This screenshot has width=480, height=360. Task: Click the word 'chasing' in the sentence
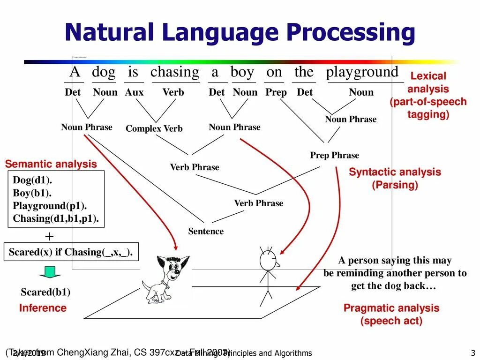tap(174, 72)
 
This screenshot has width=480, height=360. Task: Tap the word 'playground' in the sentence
tap(362, 72)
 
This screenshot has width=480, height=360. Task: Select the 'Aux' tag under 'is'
tap(134, 92)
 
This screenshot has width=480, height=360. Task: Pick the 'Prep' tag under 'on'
tap(276, 92)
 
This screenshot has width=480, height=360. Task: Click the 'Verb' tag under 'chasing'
tap(173, 92)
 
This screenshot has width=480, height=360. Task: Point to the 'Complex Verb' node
tap(154, 128)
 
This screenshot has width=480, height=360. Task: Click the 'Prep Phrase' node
tap(334, 155)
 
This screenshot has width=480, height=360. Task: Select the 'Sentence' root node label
tap(206, 231)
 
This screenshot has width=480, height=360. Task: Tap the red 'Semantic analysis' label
tap(51, 164)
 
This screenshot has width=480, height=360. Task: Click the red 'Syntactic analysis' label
tap(395, 172)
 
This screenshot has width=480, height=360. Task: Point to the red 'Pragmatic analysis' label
tap(391, 308)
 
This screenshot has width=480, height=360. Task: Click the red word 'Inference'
tap(43, 308)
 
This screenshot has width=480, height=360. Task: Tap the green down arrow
tap(50, 272)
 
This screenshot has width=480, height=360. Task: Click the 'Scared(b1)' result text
tap(45, 292)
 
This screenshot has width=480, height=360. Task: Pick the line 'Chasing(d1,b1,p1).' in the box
tap(56, 218)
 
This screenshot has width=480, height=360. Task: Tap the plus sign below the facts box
tap(49, 236)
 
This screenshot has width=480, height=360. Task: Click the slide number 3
tap(473, 353)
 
